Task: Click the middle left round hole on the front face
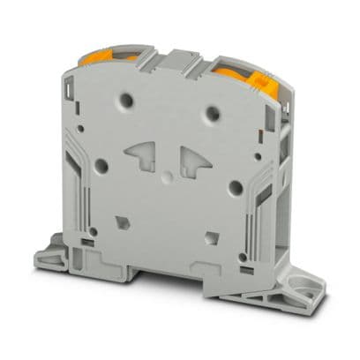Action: click(x=102, y=164)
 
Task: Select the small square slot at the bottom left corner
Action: click(x=89, y=239)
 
